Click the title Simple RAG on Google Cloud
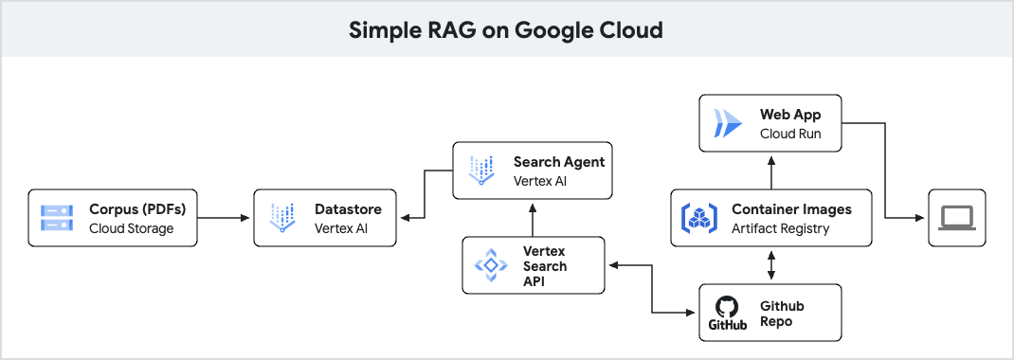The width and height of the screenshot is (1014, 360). (506, 29)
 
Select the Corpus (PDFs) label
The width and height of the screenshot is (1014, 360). (137, 208)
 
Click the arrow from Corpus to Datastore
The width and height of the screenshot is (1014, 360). (226, 218)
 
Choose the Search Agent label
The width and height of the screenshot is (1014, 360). (559, 161)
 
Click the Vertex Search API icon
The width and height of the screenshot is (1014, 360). (491, 266)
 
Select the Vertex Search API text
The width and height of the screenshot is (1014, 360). (545, 266)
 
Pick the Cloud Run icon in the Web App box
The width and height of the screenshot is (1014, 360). (730, 123)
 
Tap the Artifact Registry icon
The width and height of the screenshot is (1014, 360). (700, 218)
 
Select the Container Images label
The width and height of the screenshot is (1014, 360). (791, 208)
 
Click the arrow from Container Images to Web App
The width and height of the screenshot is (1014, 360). (771, 171)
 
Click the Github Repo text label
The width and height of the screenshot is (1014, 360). (782, 314)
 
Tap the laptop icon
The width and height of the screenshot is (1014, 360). (956, 218)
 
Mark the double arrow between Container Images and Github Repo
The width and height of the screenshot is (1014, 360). (771, 264)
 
